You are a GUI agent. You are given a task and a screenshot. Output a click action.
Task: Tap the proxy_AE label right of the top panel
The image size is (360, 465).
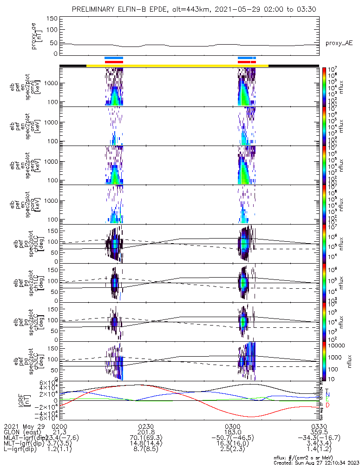pyautogui.click(x=338, y=43)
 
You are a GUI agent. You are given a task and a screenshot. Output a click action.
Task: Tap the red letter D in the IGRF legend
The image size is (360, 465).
pyautogui.click(x=328, y=406)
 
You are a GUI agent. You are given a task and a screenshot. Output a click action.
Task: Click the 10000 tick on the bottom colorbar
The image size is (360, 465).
pyautogui.click(x=337, y=345)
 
